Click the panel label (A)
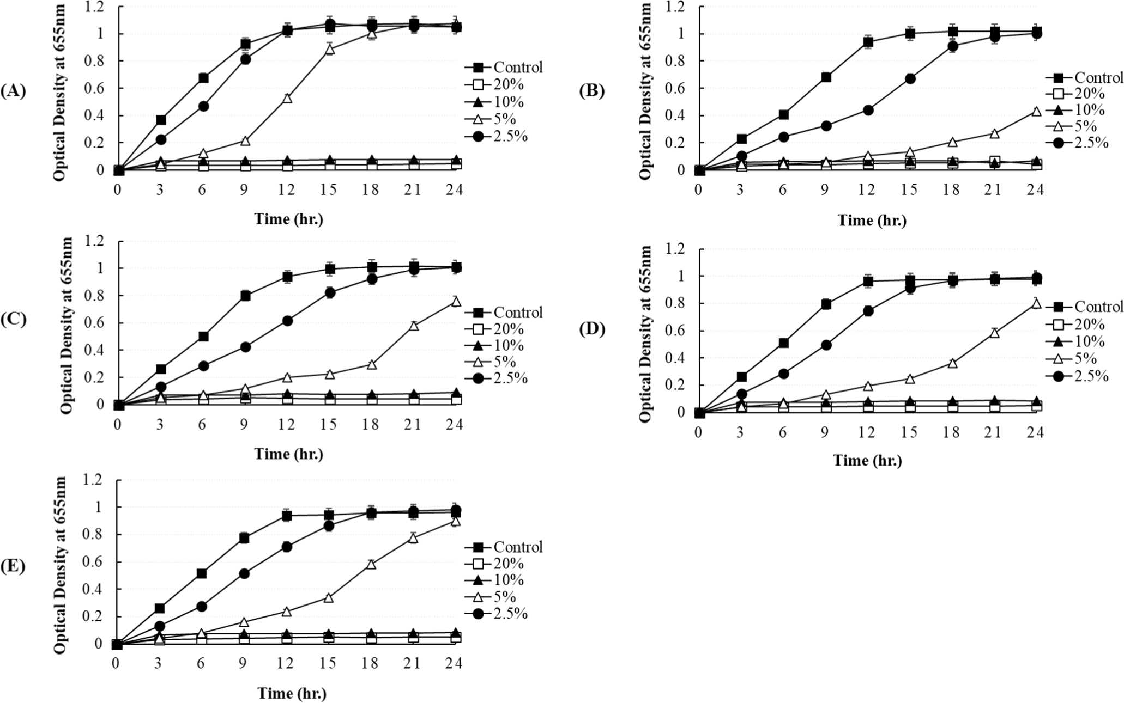pos(14,91)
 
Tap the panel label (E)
pos(14,566)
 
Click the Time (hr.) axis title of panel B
pos(872,221)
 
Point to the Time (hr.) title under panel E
pos(292,694)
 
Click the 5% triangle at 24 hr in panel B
pos(1036,111)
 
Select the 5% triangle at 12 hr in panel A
pos(287,98)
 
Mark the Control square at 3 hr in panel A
pos(161,120)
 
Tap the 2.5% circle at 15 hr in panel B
pos(910,94)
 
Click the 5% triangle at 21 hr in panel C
pos(414,326)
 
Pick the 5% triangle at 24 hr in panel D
pos(1036,303)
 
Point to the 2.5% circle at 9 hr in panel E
pos(245,574)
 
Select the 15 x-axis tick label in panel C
pos(328,424)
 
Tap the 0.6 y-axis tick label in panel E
pos(94,562)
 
